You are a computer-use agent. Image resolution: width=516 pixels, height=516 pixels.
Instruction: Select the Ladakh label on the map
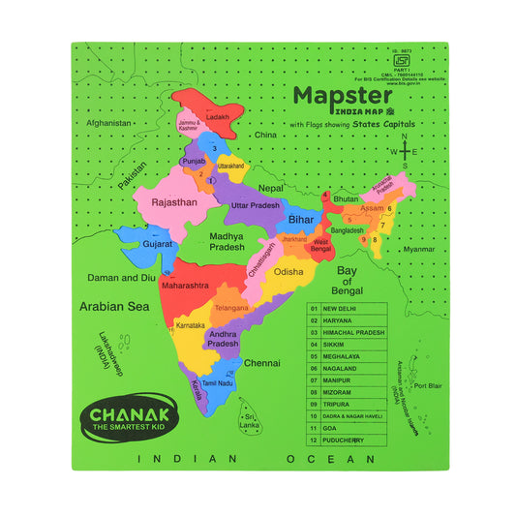click(218, 117)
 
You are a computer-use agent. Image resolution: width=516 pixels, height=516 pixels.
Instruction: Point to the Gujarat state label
click(157, 244)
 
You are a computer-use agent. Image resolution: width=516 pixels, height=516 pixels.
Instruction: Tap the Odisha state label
click(288, 272)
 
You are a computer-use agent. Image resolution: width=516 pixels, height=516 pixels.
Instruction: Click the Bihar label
click(301, 221)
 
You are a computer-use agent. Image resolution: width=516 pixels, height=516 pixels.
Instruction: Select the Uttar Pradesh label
click(255, 206)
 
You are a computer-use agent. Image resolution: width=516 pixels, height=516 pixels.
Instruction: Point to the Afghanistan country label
click(107, 123)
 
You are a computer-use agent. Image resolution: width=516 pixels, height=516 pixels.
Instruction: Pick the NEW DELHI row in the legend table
click(347, 310)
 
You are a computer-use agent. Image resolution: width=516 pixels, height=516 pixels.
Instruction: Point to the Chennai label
click(262, 363)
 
